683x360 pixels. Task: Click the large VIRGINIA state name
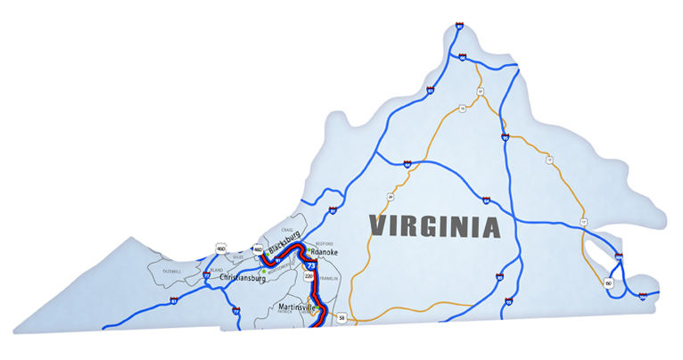click(x=434, y=225)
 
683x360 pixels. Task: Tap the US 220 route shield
click(x=309, y=277)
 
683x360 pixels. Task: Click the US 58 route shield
click(x=341, y=316)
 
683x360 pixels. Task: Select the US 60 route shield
click(x=608, y=282)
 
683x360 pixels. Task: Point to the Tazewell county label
click(x=169, y=270)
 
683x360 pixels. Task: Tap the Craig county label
click(x=287, y=230)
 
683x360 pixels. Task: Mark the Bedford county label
click(x=325, y=242)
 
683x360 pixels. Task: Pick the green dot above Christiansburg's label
click(x=263, y=271)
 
